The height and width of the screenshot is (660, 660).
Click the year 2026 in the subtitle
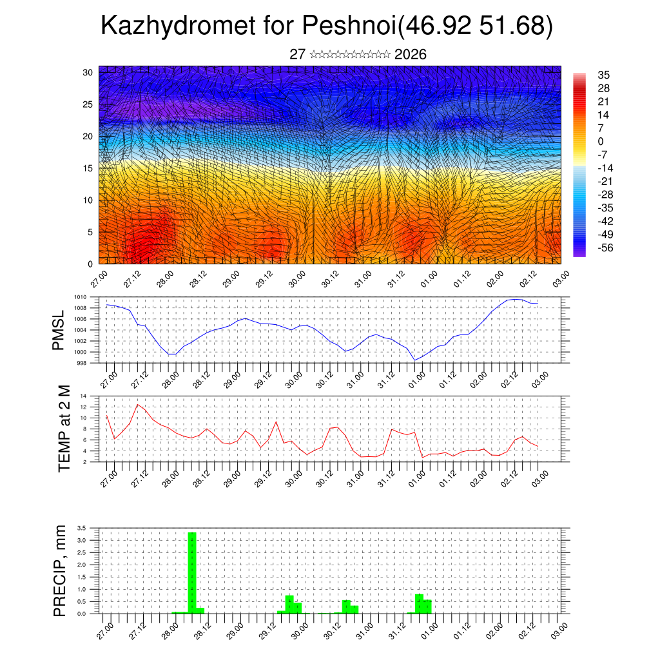(x=410, y=54)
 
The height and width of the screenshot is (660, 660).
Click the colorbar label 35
(x=604, y=75)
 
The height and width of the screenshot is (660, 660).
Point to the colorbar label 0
(x=601, y=141)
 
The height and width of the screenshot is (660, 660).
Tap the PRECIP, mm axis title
(x=60, y=570)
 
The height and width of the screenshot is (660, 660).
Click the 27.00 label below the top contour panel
(x=99, y=281)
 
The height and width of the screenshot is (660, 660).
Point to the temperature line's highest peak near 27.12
(x=137, y=404)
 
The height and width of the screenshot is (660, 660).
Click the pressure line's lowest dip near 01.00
(x=415, y=360)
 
